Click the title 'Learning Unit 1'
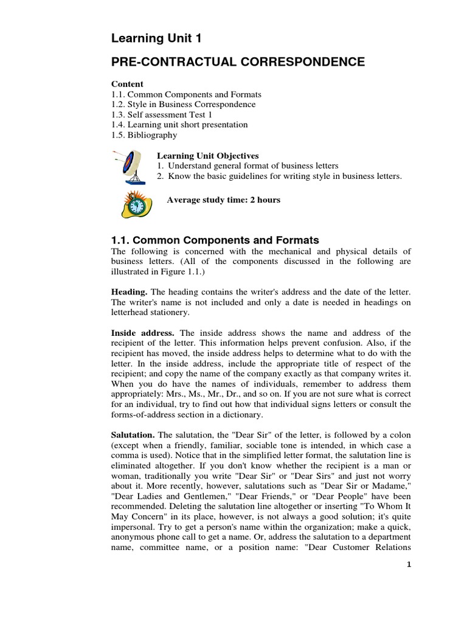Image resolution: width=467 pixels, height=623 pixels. point(156,40)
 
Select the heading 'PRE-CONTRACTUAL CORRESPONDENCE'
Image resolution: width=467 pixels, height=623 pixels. point(238,62)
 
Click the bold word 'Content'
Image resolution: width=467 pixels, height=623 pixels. point(127,84)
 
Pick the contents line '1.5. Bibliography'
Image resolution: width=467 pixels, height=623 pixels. point(144,134)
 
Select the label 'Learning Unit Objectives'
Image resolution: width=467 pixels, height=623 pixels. point(208,156)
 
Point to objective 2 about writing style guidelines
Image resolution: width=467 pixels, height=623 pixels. point(279,176)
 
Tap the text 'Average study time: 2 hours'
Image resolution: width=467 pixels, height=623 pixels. point(223,200)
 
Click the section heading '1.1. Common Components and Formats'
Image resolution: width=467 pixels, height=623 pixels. point(215,240)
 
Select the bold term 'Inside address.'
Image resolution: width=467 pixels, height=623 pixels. point(143,333)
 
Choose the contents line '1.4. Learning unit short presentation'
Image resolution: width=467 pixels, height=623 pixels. point(179,125)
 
